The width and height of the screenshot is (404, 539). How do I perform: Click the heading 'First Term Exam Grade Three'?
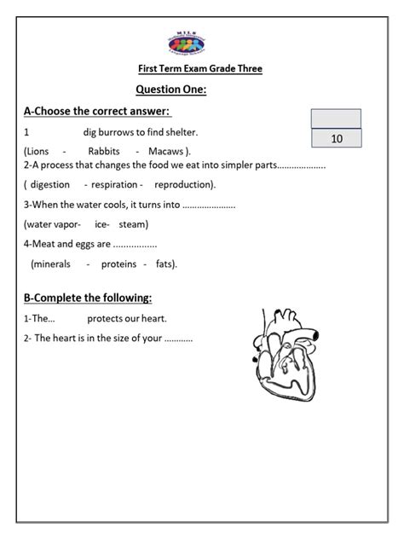(x=200, y=70)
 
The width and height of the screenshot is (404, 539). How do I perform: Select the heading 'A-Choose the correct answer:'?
(x=97, y=112)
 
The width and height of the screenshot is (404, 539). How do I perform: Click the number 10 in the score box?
(x=337, y=138)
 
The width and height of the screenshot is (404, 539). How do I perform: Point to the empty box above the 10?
(x=337, y=119)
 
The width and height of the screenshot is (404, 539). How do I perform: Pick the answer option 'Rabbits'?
(x=104, y=150)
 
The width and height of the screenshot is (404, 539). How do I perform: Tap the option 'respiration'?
(x=118, y=184)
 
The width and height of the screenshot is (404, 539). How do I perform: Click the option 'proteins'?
(x=118, y=264)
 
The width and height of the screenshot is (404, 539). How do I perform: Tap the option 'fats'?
(x=164, y=264)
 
